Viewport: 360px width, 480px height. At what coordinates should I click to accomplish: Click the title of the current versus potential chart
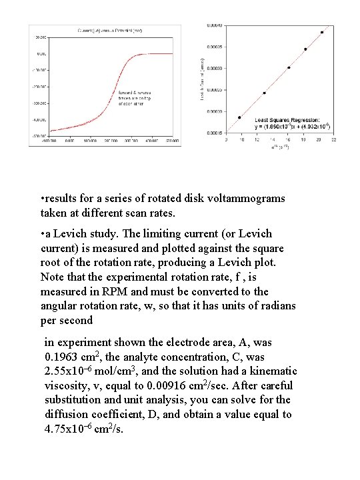point(110,30)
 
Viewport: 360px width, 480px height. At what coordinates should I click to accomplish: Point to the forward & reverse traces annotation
point(135,97)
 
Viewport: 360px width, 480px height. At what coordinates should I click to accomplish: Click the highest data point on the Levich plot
point(322,32)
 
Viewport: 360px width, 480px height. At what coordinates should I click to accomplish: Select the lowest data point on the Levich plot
point(239,117)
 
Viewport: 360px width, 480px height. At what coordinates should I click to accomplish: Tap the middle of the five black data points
point(289,67)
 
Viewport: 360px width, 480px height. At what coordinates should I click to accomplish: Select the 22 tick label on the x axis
point(333,140)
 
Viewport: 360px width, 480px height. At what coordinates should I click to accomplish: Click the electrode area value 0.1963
point(59,357)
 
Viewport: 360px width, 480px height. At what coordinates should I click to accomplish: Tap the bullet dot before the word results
point(42,199)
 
